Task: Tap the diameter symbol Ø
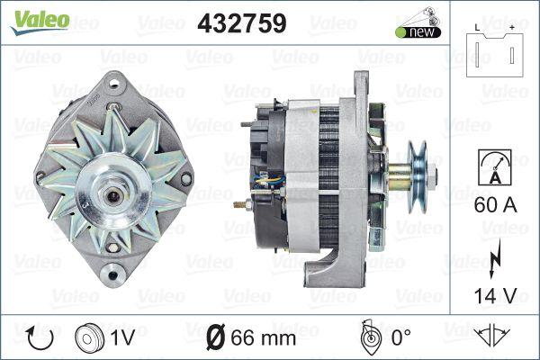point(216,337)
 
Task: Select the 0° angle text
point(398,337)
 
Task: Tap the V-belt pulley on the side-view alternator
point(418,168)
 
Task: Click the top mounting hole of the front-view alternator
point(113,84)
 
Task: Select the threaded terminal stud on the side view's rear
point(240,206)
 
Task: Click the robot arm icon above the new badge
point(417,15)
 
